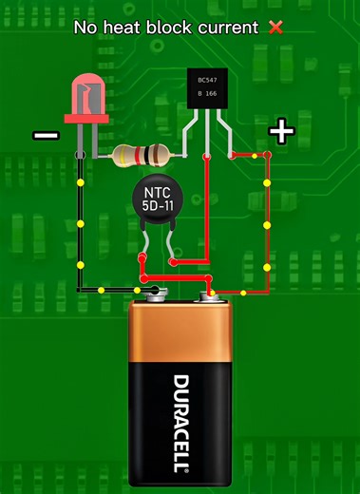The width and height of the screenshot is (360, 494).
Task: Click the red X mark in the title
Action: coord(276,28)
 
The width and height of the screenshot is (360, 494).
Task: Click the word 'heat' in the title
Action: coord(129,28)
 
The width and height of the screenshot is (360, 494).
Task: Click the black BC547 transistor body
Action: coord(210,90)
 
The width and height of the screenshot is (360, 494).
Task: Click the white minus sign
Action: coord(46,136)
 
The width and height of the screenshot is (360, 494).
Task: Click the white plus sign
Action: coord(280,131)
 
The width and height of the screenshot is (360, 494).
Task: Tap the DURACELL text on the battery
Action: coord(180,424)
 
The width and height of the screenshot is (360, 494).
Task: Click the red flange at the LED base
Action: coord(86,120)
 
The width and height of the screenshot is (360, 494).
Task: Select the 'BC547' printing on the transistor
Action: coord(209,81)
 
